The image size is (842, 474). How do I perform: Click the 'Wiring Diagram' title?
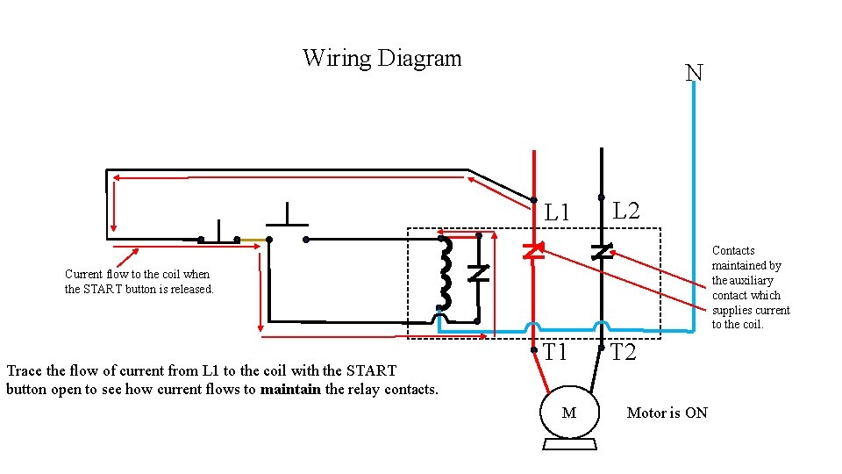[x=382, y=59]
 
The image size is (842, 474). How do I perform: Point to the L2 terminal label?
[x=625, y=211]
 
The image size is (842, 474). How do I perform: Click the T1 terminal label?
[x=555, y=353]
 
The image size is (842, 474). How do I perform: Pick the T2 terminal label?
[x=623, y=353]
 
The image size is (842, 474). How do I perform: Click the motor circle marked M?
[x=568, y=413]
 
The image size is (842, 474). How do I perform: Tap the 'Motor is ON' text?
[x=667, y=413]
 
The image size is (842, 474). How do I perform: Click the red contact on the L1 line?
[x=532, y=251]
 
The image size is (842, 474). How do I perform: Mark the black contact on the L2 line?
[x=601, y=252]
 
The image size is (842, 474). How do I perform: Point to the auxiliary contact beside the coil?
[x=477, y=273]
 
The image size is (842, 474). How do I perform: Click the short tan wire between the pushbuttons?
[x=253, y=239]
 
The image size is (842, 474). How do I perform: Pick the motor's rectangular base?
[x=569, y=444]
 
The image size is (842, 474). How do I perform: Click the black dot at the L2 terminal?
[x=601, y=197]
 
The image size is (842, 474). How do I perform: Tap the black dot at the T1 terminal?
[x=533, y=349]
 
